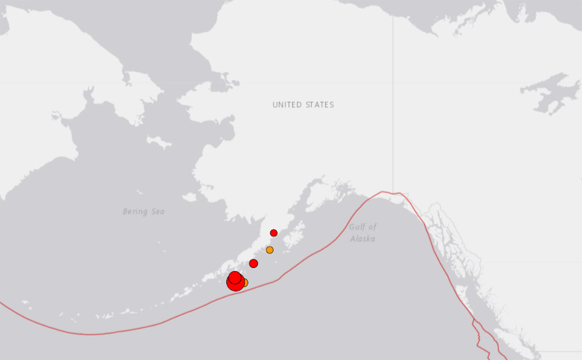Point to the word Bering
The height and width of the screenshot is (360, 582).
pyautogui.click(x=135, y=212)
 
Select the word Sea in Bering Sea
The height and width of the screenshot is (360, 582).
pyautogui.click(x=157, y=212)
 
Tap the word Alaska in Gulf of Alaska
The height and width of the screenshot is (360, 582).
pyautogui.click(x=363, y=239)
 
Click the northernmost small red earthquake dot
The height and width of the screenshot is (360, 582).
pyautogui.click(x=274, y=233)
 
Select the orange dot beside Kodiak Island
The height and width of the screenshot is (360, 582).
pyautogui.click(x=270, y=250)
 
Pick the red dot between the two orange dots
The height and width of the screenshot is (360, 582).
pyautogui.click(x=254, y=263)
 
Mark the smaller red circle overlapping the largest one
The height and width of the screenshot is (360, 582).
pyautogui.click(x=235, y=277)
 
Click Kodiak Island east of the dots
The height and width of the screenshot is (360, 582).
pyautogui.click(x=294, y=240)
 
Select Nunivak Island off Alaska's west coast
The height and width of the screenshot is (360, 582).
pyautogui.click(x=189, y=197)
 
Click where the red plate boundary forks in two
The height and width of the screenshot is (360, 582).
pyautogui.click(x=473, y=322)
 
